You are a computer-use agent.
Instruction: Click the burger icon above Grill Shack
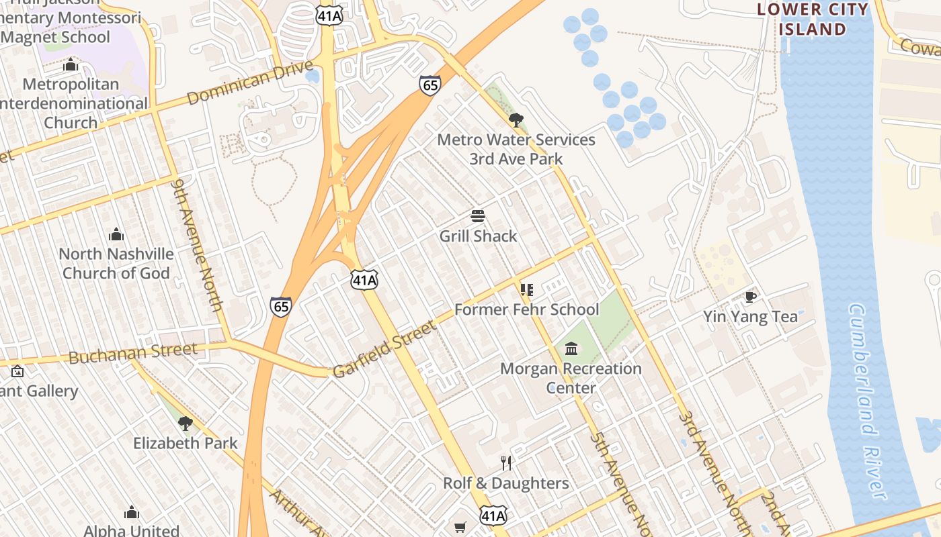(478, 216)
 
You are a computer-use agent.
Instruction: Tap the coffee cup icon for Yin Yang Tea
(750, 297)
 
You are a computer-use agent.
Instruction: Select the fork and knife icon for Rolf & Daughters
(506, 462)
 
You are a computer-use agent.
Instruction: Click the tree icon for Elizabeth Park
(186, 423)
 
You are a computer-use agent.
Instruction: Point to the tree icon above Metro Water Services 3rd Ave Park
(516, 120)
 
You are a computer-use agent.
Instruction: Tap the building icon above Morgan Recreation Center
(571, 348)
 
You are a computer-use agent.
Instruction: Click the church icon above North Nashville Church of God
(116, 234)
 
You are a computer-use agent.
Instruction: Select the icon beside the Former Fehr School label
(526, 290)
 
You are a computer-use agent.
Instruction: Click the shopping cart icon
(460, 527)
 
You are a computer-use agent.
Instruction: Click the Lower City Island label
(812, 19)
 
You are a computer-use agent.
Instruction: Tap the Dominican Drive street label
(251, 83)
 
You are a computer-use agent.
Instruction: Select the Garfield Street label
(384, 349)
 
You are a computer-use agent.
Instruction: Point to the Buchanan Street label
(133, 352)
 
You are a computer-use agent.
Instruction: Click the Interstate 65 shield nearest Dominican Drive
(429, 85)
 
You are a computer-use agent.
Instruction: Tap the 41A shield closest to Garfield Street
(364, 280)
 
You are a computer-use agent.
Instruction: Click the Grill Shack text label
(478, 236)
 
